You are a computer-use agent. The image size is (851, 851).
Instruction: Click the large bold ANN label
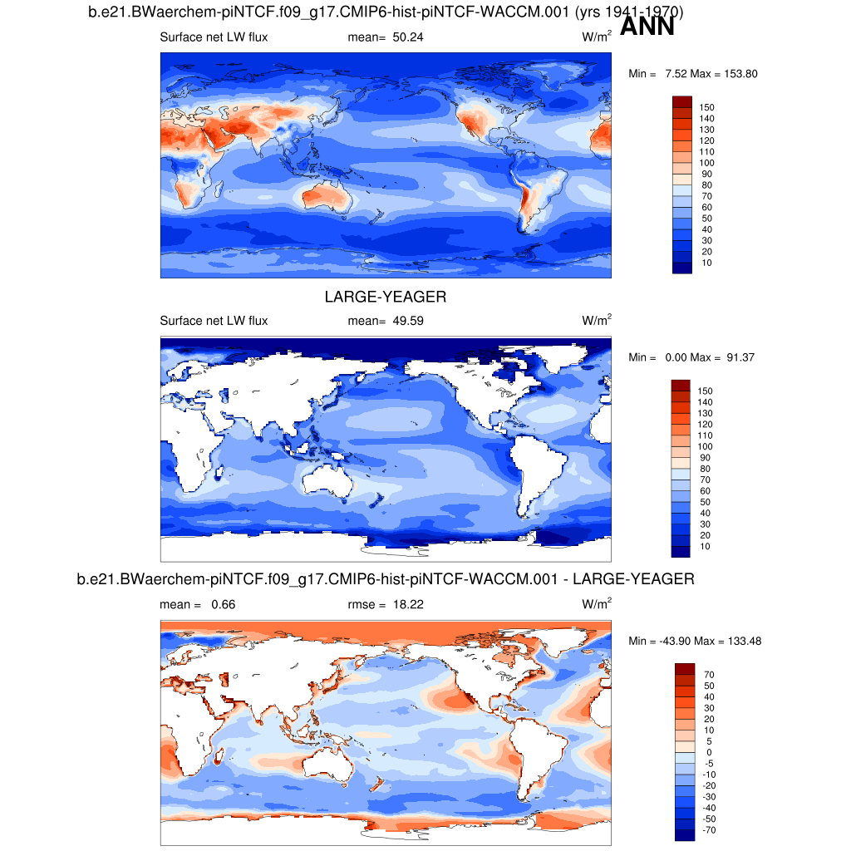647,27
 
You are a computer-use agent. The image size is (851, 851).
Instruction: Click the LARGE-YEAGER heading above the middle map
386,297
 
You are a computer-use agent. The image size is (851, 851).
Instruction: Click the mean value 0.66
223,604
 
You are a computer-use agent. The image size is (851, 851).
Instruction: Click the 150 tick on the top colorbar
707,107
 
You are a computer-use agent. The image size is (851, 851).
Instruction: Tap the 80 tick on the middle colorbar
705,469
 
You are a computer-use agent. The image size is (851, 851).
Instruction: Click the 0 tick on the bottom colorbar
708,752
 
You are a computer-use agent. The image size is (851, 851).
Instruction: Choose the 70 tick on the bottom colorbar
707,675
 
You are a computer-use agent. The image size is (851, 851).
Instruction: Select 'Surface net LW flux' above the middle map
214,321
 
